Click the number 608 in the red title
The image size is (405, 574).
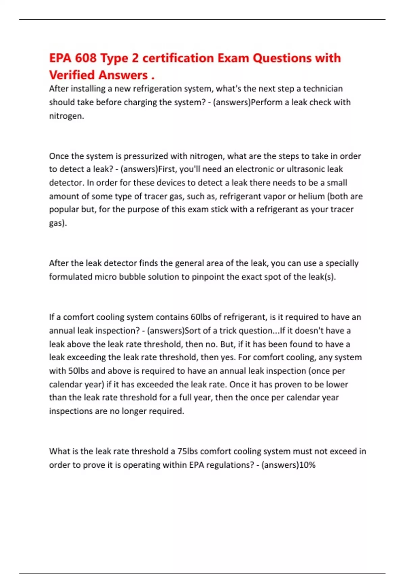[86, 58]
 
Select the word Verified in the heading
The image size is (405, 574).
[72, 75]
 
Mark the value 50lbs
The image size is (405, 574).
[78, 371]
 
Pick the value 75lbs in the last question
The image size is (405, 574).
[188, 451]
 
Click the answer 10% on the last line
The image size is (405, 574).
[307, 465]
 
